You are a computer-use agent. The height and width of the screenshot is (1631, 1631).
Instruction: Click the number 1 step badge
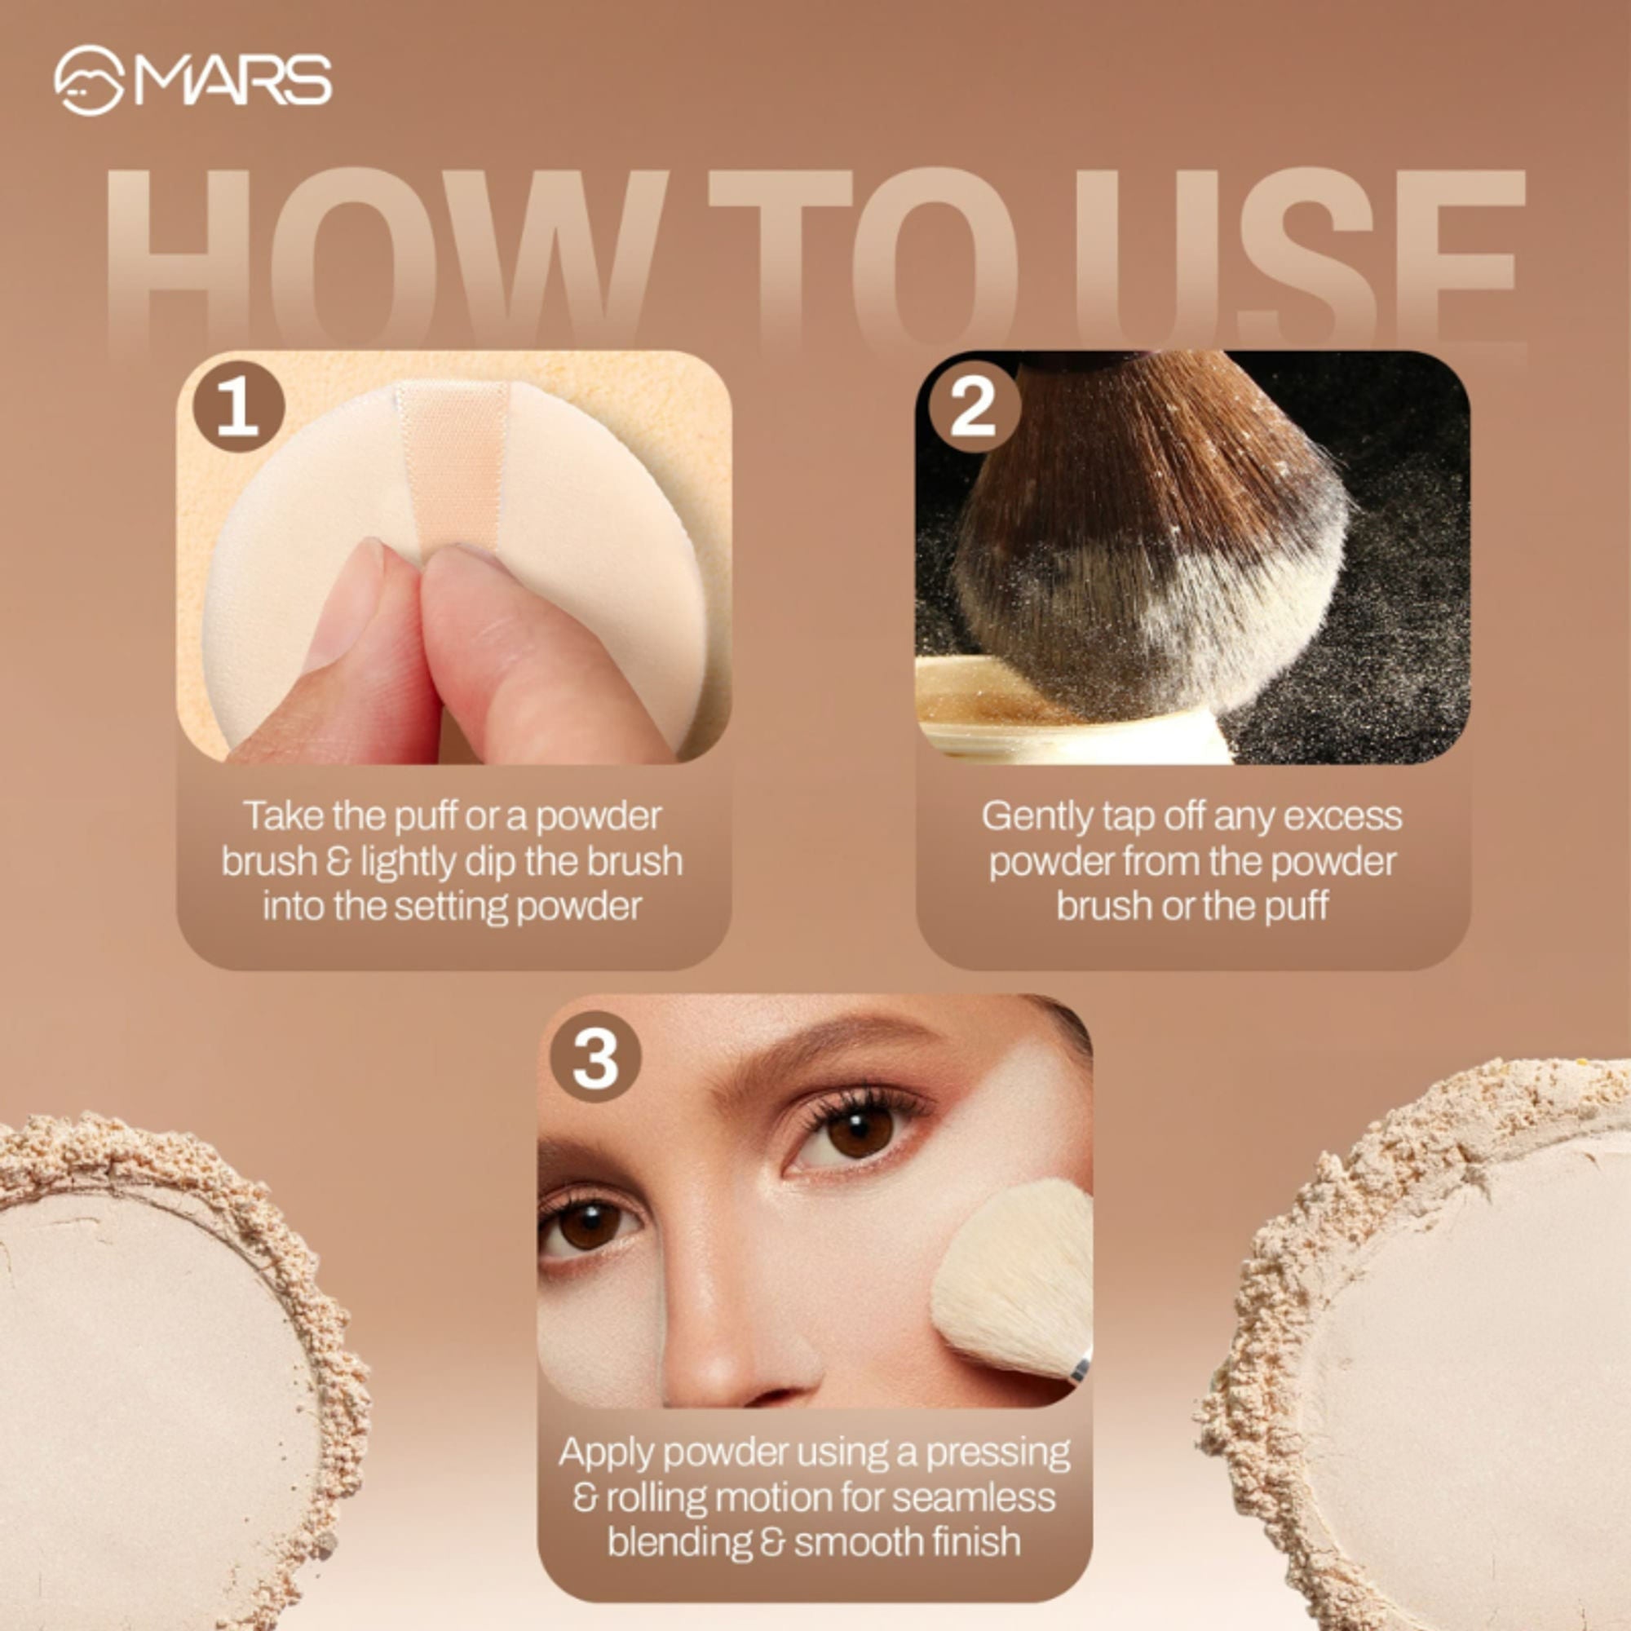click(238, 408)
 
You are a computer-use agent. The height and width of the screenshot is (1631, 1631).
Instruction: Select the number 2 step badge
click(974, 408)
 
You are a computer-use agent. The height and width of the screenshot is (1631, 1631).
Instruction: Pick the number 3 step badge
click(596, 1058)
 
